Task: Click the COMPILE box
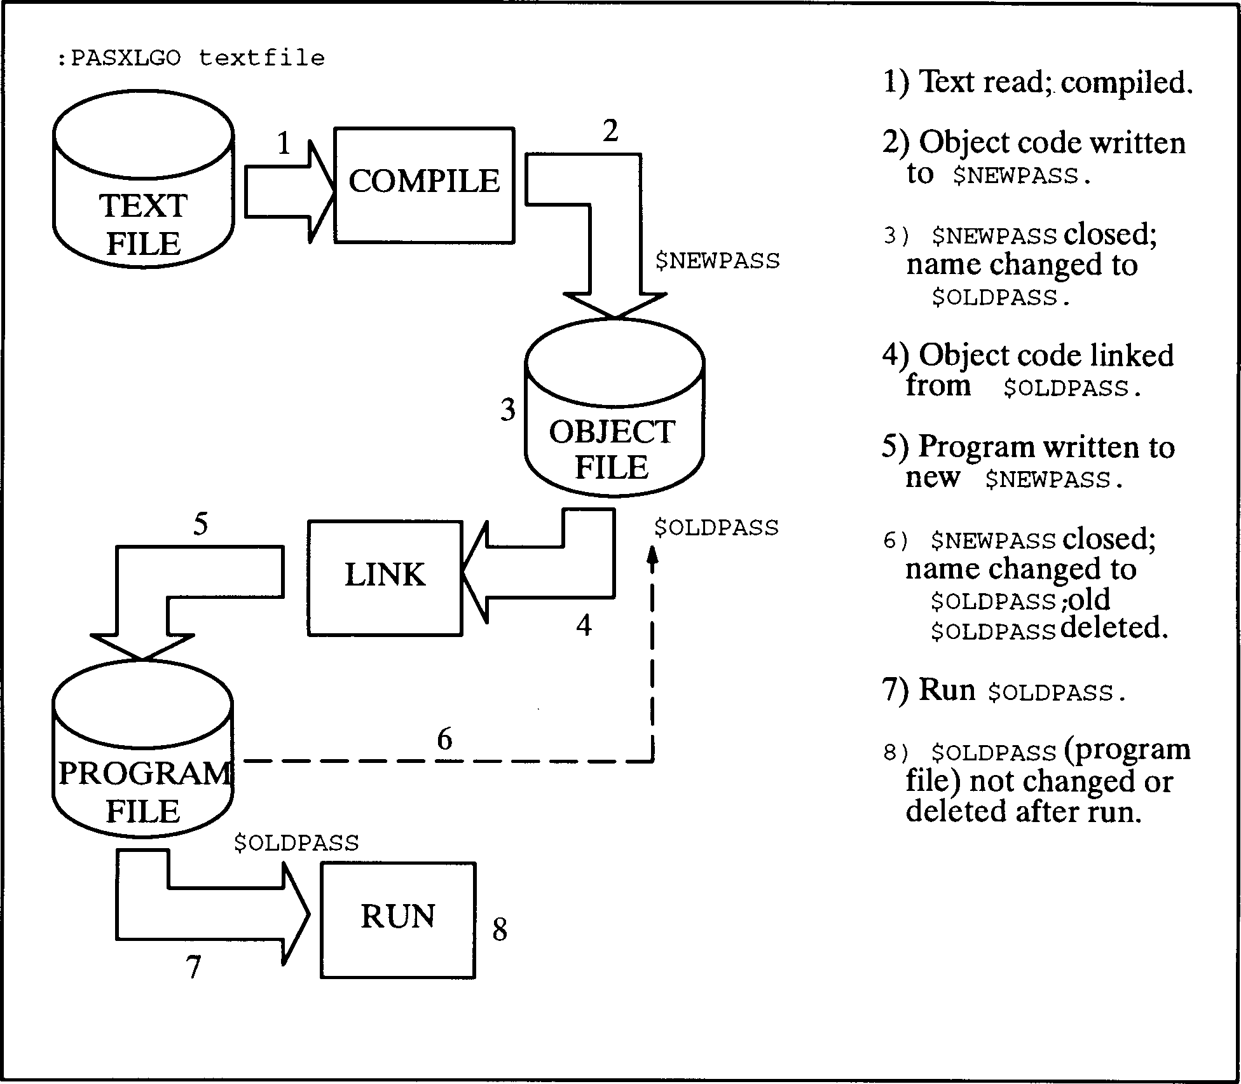(424, 185)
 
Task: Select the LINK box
(385, 577)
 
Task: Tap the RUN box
(397, 919)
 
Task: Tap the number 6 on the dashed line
(444, 739)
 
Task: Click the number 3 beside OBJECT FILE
(507, 410)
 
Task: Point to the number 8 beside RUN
(500, 930)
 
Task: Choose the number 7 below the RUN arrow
(193, 968)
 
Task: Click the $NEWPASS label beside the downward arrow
(717, 261)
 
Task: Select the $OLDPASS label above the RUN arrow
(296, 843)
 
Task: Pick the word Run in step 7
(947, 690)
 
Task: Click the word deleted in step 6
(1114, 629)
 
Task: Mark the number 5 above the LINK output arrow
(200, 525)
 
